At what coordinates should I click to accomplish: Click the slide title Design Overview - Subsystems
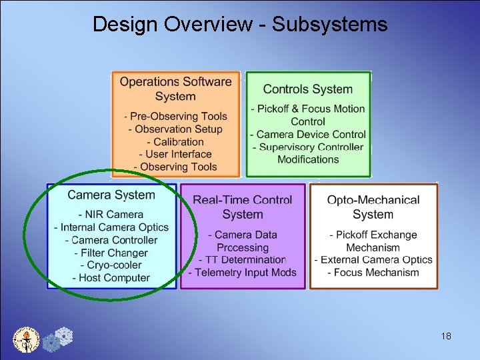point(239,25)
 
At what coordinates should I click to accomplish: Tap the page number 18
point(446,336)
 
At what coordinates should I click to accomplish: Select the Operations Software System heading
point(175,89)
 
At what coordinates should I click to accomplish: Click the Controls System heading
point(307,89)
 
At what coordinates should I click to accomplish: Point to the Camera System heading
point(111,195)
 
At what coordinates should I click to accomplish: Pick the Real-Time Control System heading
point(243,207)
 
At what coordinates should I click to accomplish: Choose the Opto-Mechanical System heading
point(373,207)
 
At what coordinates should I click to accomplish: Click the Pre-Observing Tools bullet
point(176,117)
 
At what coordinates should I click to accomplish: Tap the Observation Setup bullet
point(176,129)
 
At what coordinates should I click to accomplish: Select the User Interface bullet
point(176,154)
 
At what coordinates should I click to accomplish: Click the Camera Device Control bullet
point(308,134)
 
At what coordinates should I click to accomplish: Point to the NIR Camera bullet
point(111,215)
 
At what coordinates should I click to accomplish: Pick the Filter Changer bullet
point(111,253)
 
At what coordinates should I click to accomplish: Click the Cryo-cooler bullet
point(111,265)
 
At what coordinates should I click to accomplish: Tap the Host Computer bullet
point(111,278)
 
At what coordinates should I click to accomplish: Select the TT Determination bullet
point(243,259)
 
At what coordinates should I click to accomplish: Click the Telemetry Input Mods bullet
point(243,272)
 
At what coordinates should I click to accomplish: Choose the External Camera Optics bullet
point(373,259)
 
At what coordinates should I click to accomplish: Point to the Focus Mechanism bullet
point(373,272)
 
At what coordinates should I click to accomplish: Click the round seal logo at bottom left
point(27,339)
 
